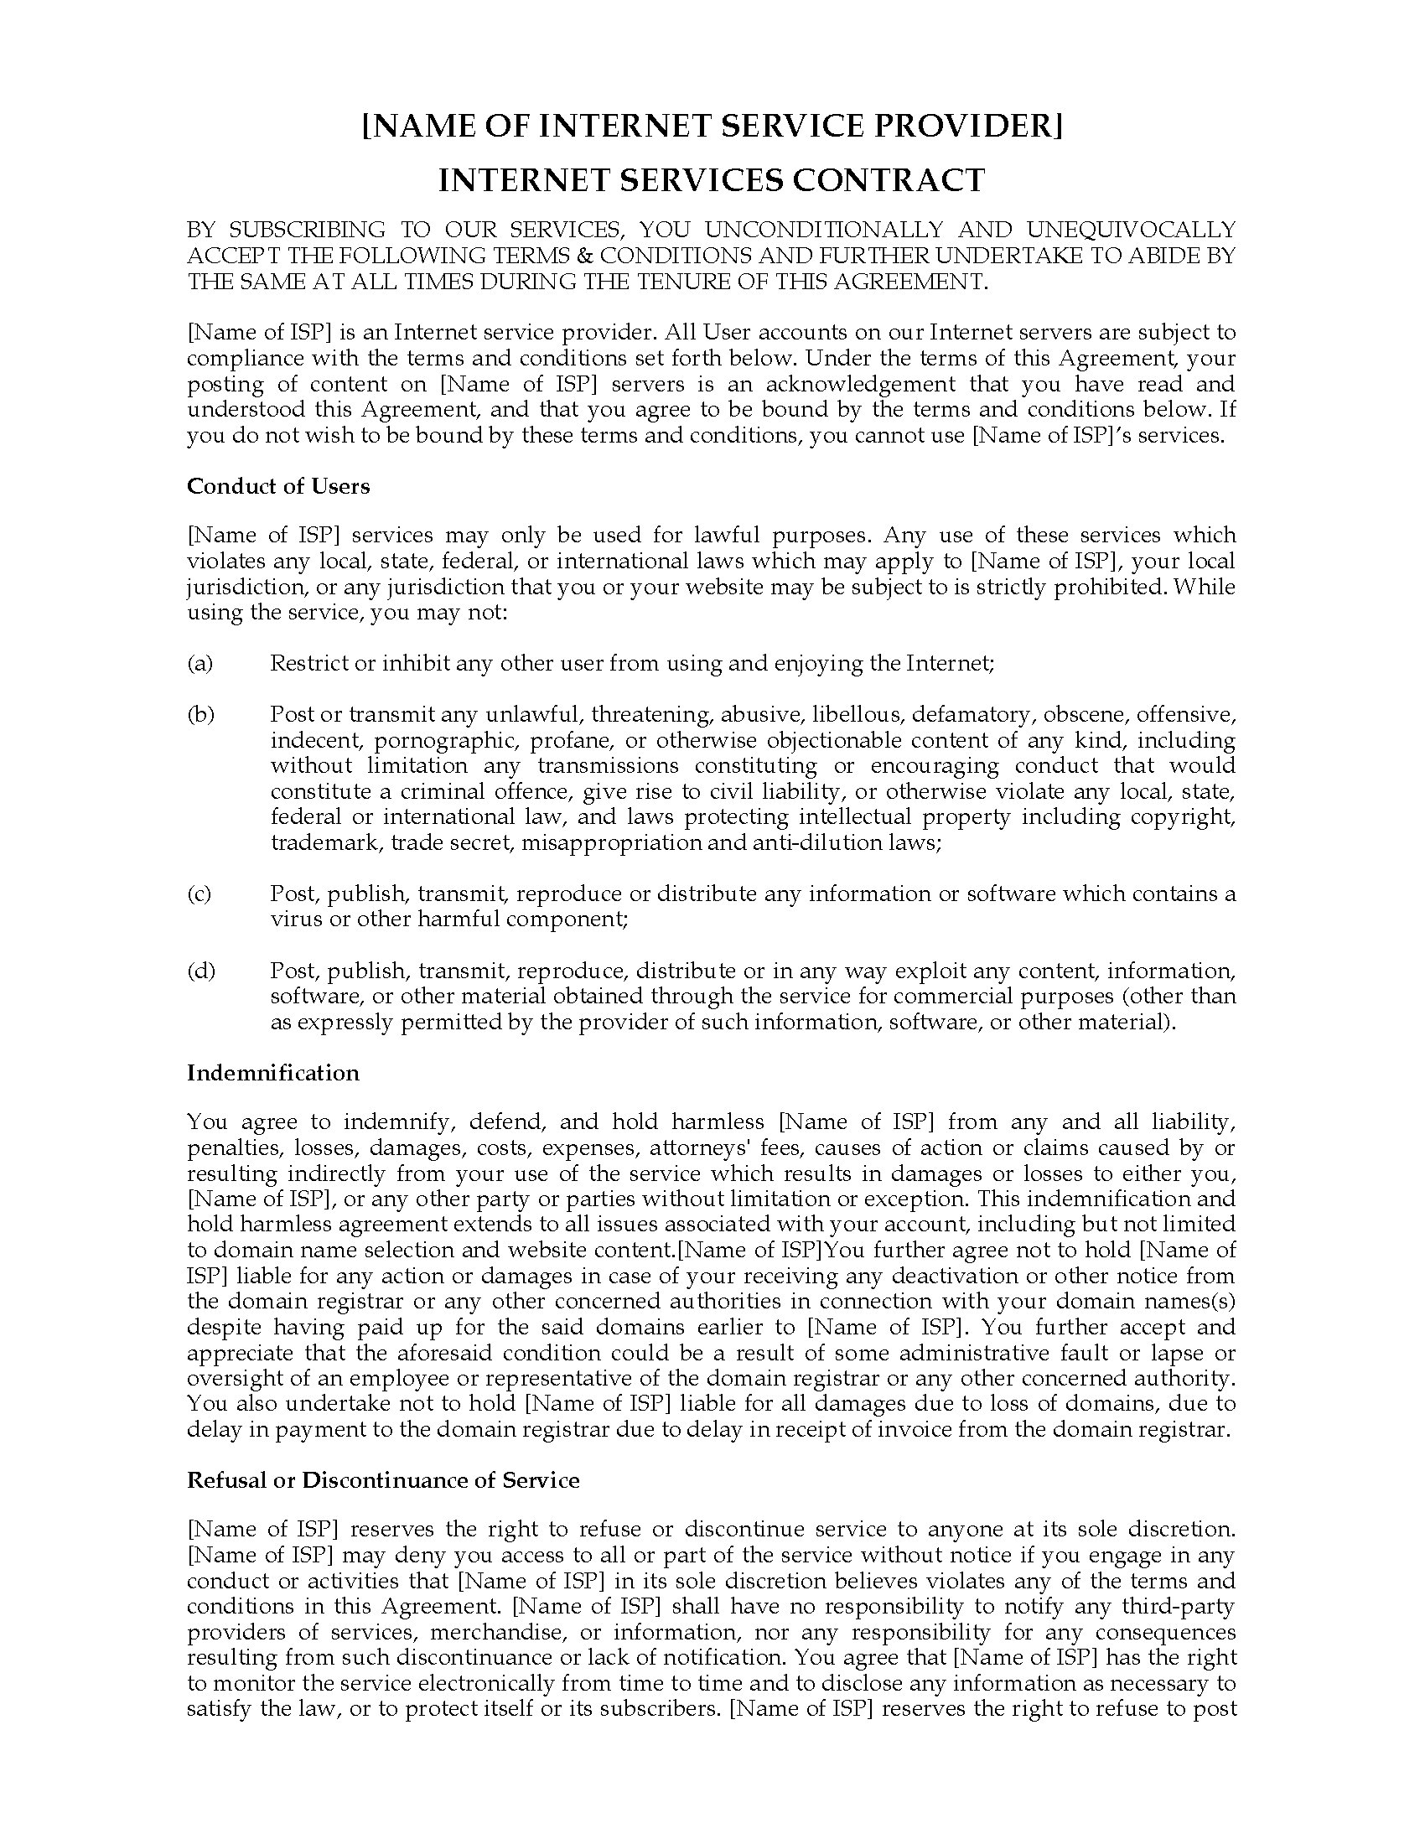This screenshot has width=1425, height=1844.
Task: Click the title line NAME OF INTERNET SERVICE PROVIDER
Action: (x=712, y=126)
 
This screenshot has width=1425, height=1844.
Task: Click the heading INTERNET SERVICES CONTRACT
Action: (x=712, y=180)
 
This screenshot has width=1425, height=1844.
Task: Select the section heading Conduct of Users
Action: (x=277, y=486)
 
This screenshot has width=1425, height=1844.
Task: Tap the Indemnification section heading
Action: (x=272, y=1072)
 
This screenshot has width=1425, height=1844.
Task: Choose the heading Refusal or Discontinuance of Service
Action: (x=383, y=1479)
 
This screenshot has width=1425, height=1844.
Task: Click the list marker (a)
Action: (x=200, y=663)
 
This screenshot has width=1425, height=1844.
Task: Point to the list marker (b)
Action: (x=200, y=714)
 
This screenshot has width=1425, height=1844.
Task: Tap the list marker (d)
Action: (x=200, y=971)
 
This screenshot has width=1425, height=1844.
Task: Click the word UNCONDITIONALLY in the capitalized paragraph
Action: (x=824, y=230)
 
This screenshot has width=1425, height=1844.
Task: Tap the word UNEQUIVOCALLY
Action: (x=1132, y=230)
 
